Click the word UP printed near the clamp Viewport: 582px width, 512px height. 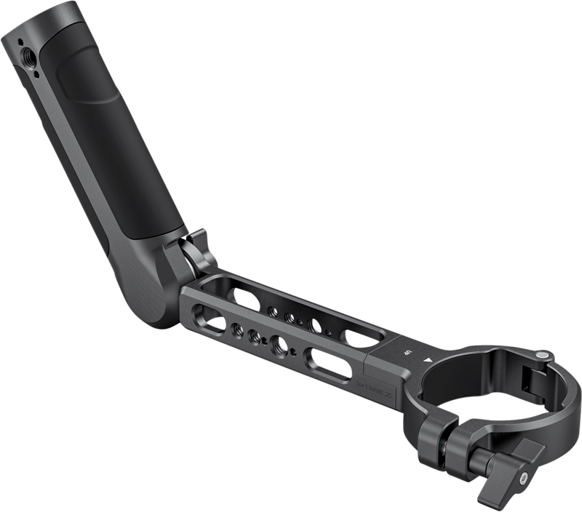click(409, 353)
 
